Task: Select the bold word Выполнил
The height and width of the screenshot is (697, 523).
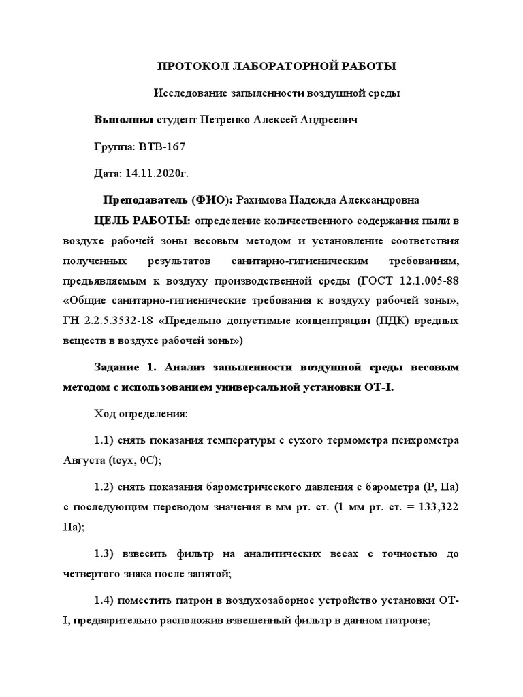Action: (x=124, y=120)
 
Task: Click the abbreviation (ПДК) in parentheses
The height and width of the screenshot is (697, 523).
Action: (x=389, y=320)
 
